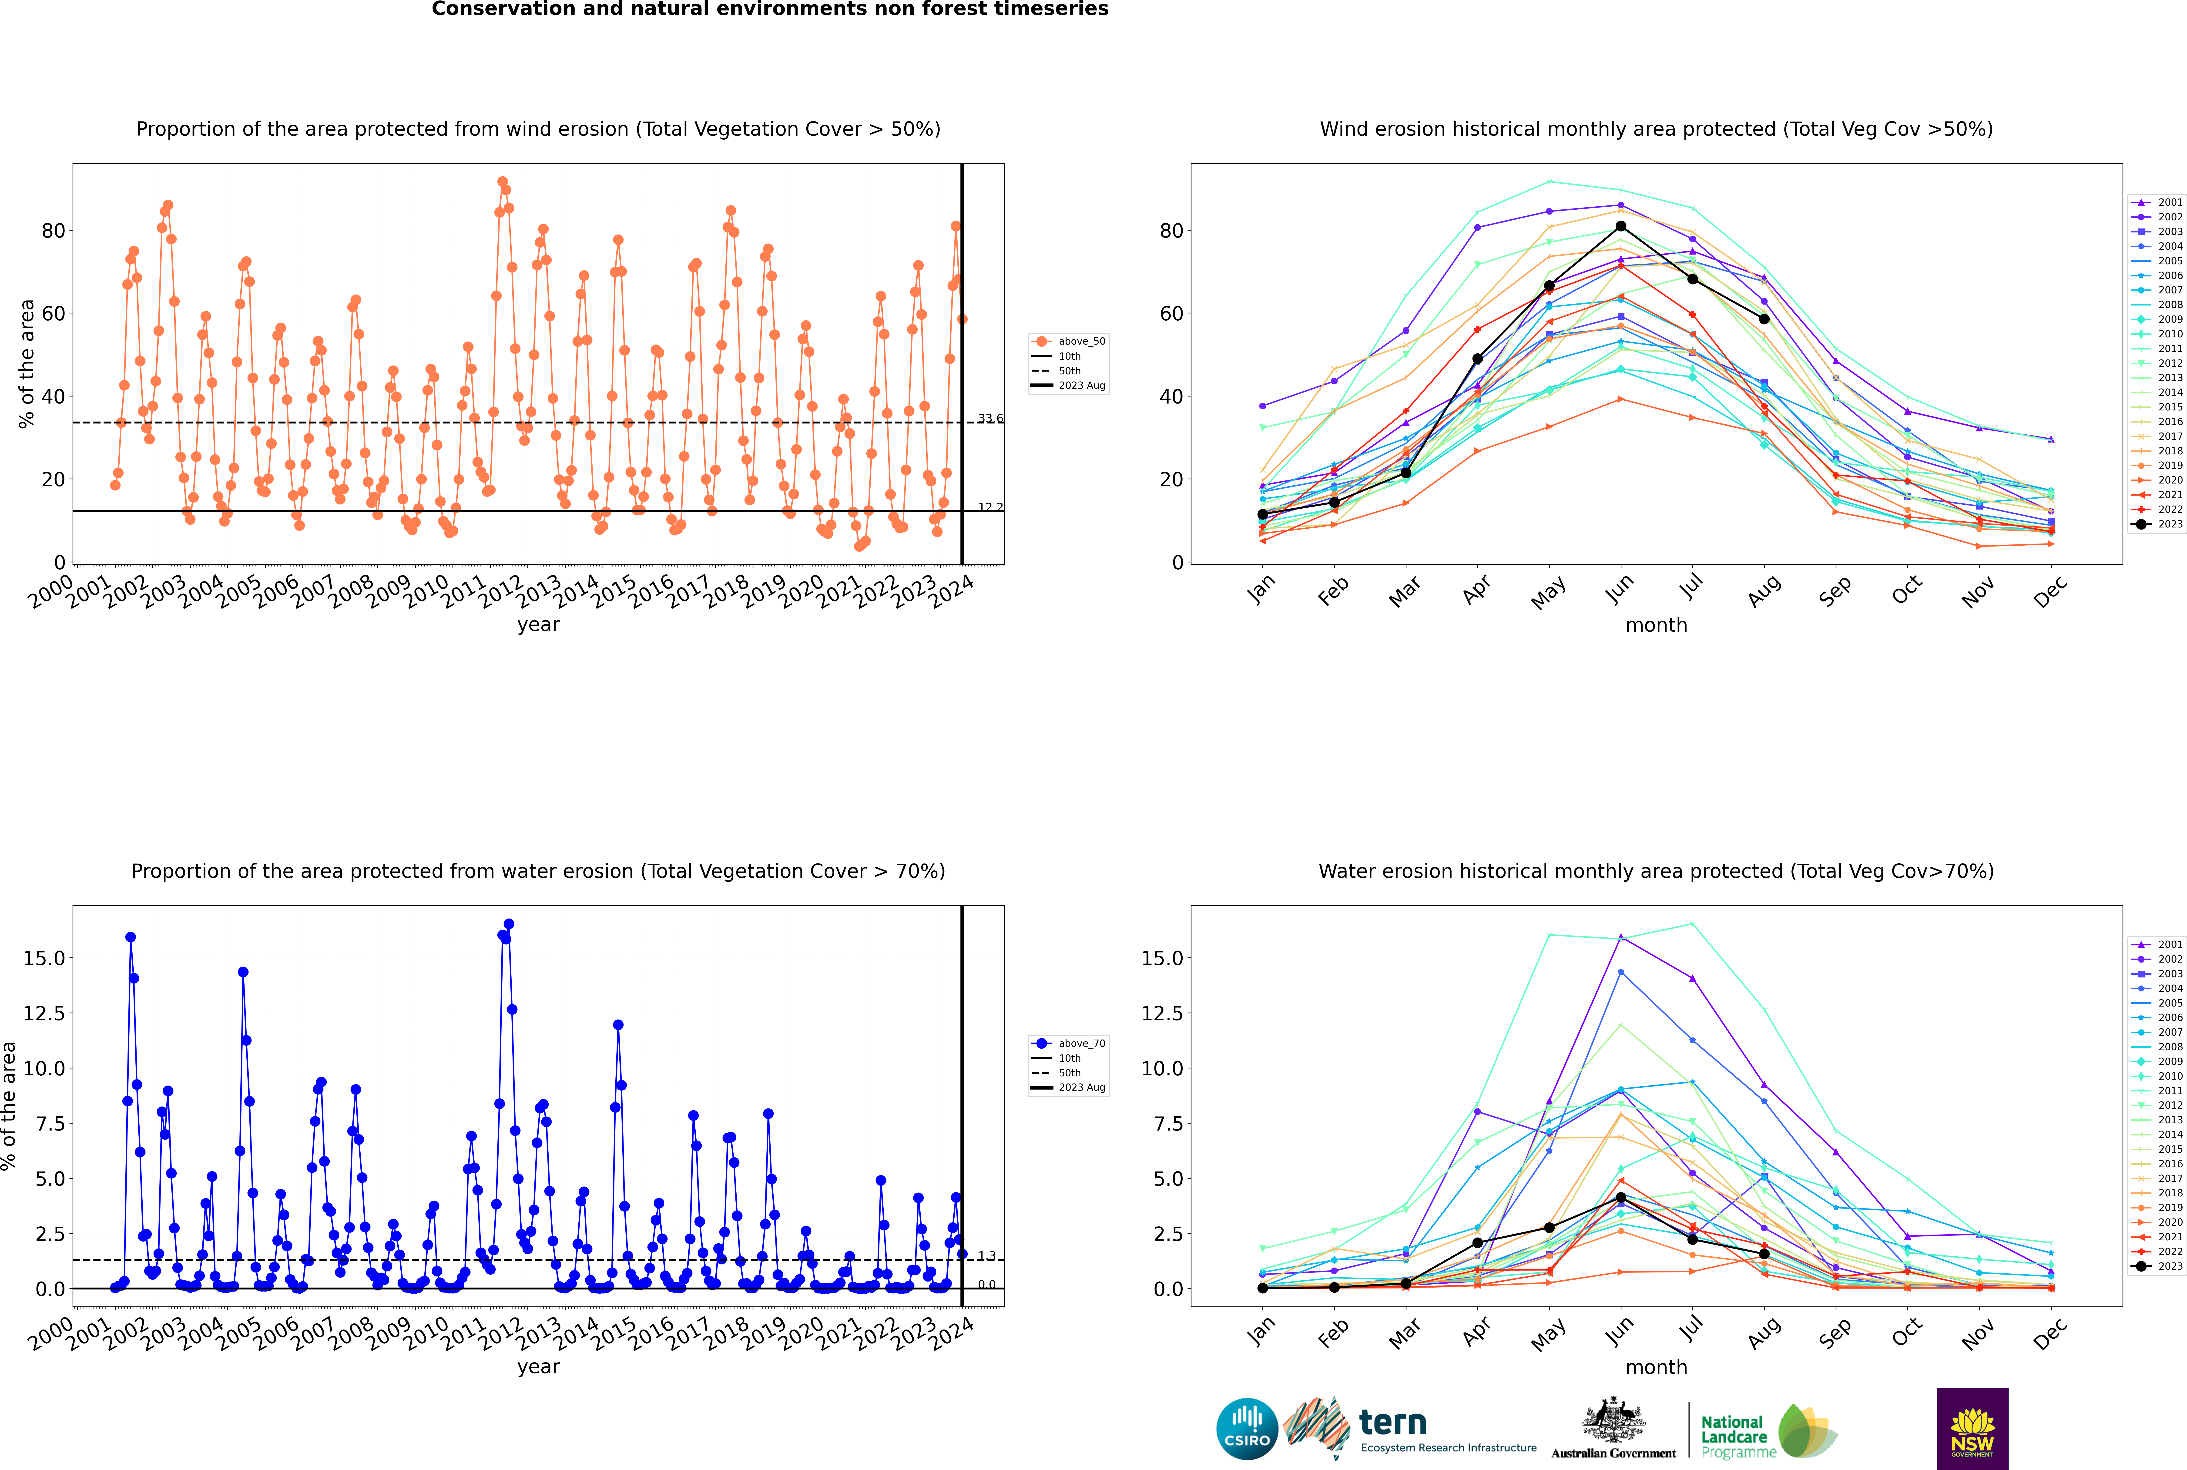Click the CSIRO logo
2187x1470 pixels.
point(1247,1430)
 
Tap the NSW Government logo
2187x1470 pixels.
point(1972,1429)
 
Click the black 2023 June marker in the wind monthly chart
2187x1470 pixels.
point(1621,227)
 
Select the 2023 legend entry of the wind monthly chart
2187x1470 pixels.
point(2156,524)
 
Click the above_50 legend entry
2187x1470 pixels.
point(1069,341)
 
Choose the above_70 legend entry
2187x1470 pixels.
point(1069,1044)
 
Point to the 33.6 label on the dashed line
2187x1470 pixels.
point(990,418)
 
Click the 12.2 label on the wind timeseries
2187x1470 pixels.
point(990,507)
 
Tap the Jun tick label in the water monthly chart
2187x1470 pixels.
point(1618,1332)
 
